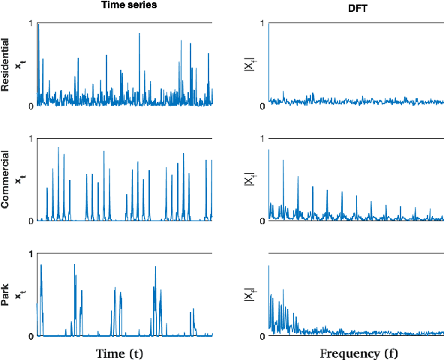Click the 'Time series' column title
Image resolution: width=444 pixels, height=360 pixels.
124,6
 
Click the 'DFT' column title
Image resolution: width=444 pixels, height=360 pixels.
356,6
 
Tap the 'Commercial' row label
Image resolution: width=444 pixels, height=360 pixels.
6,180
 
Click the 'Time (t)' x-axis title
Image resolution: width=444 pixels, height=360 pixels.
124,353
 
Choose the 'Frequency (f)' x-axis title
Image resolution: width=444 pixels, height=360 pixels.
356,353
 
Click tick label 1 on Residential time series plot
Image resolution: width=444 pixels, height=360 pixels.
31,24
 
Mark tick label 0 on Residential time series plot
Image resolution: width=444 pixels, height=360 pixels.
31,106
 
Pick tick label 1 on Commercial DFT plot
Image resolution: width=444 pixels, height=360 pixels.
262,139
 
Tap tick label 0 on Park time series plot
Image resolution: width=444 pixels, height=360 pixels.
31,337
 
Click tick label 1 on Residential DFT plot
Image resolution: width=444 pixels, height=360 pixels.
262,24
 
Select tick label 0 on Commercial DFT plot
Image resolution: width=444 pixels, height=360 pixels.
262,221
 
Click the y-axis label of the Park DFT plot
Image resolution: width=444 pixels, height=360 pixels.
248,295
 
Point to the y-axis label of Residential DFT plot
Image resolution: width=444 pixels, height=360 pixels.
248,64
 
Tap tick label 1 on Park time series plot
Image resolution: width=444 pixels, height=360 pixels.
31,255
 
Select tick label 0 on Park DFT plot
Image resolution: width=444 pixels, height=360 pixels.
262,337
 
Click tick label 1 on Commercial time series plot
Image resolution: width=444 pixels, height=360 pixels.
31,139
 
